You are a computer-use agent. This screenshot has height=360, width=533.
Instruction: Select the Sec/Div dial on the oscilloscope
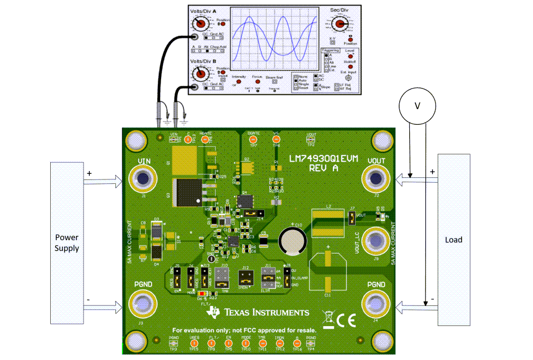point(338,23)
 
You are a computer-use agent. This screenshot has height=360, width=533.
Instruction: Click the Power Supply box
point(66,242)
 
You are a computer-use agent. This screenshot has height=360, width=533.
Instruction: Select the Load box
point(454,240)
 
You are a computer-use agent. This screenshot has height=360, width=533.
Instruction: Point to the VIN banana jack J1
point(143,179)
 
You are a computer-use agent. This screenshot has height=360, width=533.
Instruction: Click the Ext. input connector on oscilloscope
point(350,79)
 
